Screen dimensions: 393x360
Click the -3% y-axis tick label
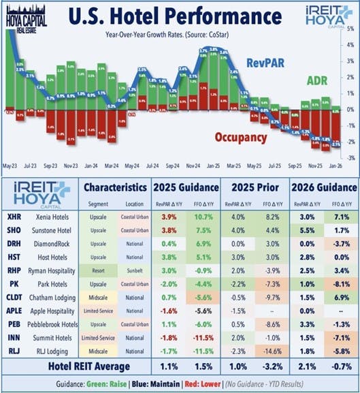coord(348,157)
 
